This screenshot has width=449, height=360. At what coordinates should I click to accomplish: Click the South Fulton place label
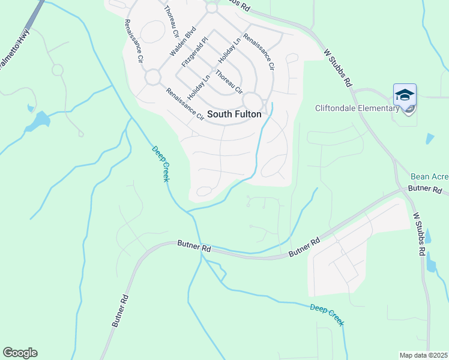(234, 114)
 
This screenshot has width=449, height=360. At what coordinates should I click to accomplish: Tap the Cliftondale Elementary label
(357, 109)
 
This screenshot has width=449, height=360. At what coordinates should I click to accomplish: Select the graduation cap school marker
(405, 95)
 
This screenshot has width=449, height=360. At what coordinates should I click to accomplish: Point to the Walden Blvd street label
(183, 41)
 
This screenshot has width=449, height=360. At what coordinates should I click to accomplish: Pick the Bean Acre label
(429, 177)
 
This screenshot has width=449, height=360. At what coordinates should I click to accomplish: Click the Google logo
(20, 353)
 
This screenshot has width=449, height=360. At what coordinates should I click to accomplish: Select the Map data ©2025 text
(423, 355)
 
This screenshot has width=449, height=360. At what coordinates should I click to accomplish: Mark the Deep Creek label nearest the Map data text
(327, 314)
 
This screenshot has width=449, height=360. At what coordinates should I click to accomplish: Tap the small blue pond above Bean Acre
(429, 139)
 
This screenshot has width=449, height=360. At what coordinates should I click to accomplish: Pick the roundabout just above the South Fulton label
(253, 101)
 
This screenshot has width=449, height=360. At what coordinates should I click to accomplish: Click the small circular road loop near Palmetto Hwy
(58, 70)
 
